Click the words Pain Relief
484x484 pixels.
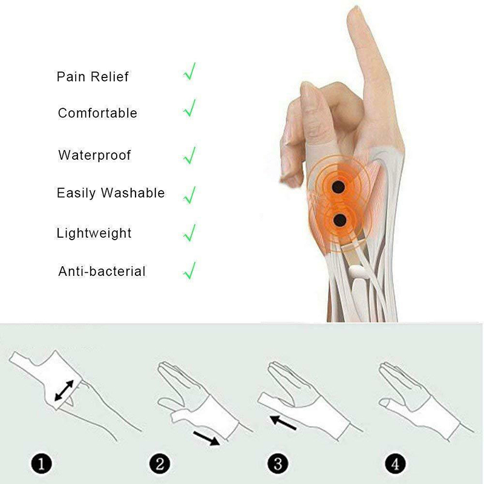(93, 77)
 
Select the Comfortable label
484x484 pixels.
(97, 113)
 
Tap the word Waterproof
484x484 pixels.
(94, 155)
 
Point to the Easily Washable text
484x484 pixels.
(111, 193)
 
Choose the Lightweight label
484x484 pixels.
(94, 233)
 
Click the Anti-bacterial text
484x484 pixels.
(102, 271)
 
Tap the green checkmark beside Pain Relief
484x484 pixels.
(189, 71)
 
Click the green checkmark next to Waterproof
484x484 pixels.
(189, 155)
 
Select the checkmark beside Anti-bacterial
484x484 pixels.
(189, 270)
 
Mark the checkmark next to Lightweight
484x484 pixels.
(189, 232)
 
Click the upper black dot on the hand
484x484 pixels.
(338, 187)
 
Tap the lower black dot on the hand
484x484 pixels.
(340, 220)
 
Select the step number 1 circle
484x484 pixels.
(42, 463)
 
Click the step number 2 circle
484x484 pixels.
(160, 463)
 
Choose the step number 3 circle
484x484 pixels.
(278, 463)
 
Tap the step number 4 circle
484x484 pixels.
(396, 463)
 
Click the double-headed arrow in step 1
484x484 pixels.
(64, 390)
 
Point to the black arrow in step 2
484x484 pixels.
(206, 438)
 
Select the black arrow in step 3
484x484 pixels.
(283, 422)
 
